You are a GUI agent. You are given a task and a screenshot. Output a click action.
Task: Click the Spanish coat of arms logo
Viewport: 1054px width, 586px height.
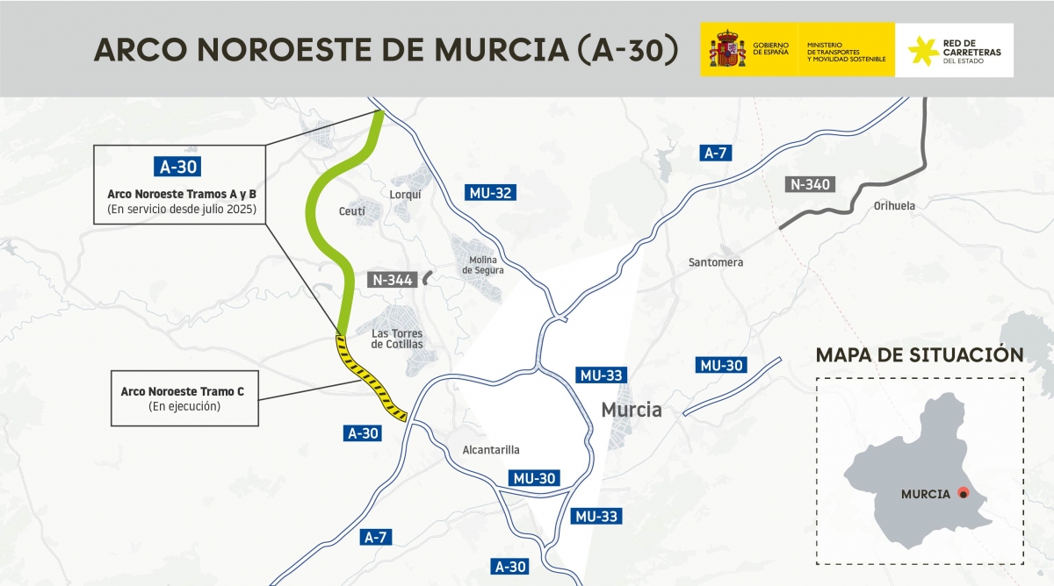pyautogui.click(x=727, y=49)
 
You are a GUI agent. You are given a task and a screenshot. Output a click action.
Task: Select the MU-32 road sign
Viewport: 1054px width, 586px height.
pyautogui.click(x=490, y=194)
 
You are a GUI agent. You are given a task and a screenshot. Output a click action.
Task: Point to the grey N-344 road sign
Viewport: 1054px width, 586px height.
pyautogui.click(x=392, y=280)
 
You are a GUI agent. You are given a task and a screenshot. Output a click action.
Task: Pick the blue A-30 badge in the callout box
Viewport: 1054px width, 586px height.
pyautogui.click(x=178, y=166)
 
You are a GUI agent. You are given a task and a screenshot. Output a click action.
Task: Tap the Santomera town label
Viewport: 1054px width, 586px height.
pyautogui.click(x=716, y=262)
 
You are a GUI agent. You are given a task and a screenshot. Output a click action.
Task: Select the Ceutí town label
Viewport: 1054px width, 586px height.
pyautogui.click(x=351, y=211)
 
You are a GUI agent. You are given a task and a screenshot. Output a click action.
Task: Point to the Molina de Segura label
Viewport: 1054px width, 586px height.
pyautogui.click(x=483, y=265)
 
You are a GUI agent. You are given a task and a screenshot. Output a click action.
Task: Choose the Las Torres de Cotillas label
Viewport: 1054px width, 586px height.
pyautogui.click(x=397, y=339)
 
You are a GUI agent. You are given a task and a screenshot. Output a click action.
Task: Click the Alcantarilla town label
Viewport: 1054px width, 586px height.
pyautogui.click(x=490, y=450)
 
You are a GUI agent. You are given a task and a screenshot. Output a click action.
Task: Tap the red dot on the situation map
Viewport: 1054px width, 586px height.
pyautogui.click(x=963, y=493)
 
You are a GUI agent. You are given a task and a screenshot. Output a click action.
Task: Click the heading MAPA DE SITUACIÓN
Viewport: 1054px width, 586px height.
pyautogui.click(x=919, y=355)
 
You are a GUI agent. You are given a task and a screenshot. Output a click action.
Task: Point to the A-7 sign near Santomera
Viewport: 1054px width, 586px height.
pyautogui.click(x=716, y=153)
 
